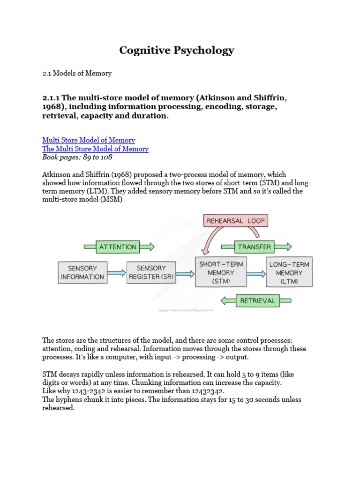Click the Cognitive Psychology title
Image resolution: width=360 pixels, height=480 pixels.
pyautogui.click(x=176, y=51)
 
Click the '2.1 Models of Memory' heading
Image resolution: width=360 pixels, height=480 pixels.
pyautogui.click(x=77, y=73)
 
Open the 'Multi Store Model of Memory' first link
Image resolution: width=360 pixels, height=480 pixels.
pyautogui.click(x=89, y=140)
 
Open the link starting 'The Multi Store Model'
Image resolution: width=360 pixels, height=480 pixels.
pyautogui.click(x=95, y=149)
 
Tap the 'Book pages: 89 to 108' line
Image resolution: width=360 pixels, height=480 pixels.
pyautogui.click(x=77, y=157)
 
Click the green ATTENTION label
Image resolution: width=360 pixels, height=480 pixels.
pyautogui.click(x=118, y=247)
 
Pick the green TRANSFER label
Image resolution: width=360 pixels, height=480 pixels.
pyautogui.click(x=255, y=247)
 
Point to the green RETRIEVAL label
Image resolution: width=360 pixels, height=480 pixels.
pyautogui.click(x=257, y=300)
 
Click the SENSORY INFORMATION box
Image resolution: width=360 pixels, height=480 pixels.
pyautogui.click(x=82, y=272)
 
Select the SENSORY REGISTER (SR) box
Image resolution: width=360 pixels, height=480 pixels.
pyautogui.click(x=151, y=272)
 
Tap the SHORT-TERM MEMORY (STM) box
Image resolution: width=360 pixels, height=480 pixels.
pyautogui.click(x=221, y=272)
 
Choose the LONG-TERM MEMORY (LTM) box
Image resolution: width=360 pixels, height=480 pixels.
pyautogui.click(x=289, y=272)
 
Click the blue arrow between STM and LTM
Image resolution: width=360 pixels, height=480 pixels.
pyautogui.click(x=256, y=273)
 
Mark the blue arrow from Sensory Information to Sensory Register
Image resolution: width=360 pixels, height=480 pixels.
pyautogui.click(x=116, y=272)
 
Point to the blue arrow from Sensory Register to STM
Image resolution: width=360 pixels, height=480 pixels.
pyautogui.click(x=185, y=273)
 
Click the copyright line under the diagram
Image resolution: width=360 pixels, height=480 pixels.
pyautogui.click(x=185, y=310)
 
